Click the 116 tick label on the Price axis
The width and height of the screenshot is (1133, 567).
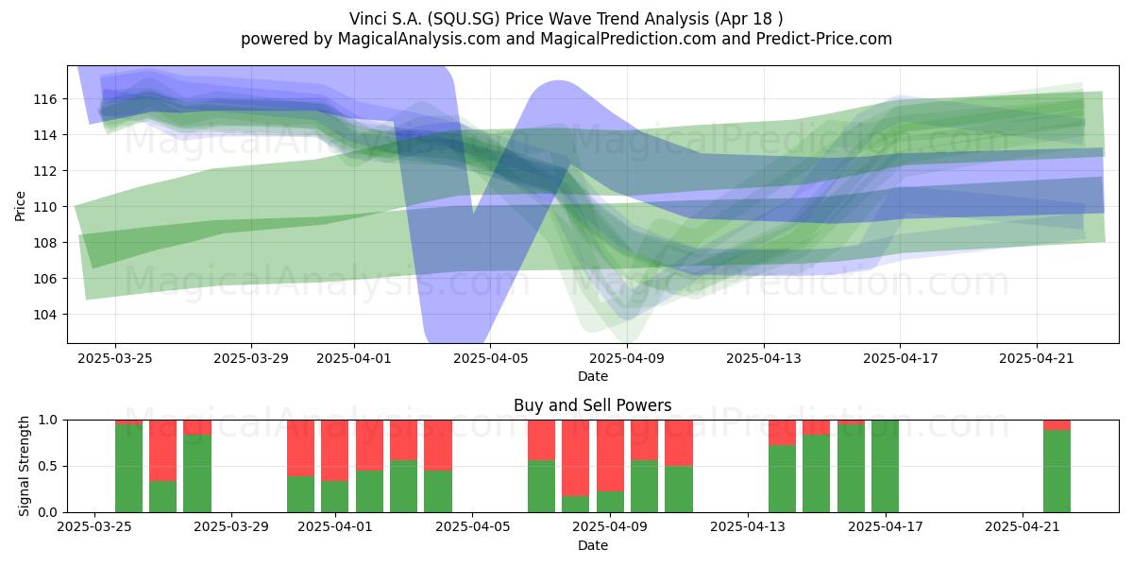(x=45, y=99)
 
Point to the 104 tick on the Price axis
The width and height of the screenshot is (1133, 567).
(x=45, y=315)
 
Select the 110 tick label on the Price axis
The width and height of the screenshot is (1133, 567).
(x=45, y=207)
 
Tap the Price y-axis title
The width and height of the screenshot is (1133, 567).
(x=20, y=206)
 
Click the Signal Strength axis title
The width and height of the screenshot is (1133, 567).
(x=24, y=466)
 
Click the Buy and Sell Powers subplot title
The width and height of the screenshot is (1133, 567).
(x=592, y=405)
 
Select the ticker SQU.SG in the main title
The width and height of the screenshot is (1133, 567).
(x=464, y=19)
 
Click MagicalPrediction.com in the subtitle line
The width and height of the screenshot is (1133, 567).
(x=628, y=39)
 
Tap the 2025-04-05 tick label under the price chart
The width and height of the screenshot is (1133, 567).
(x=490, y=358)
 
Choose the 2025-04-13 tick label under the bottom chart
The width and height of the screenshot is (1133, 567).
(x=748, y=526)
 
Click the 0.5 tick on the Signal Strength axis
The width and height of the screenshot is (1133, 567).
(x=47, y=466)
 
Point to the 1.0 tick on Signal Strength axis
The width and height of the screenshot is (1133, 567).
(x=47, y=421)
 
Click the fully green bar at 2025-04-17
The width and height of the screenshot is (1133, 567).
(x=886, y=466)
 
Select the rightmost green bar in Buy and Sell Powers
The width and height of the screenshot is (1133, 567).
(x=1057, y=471)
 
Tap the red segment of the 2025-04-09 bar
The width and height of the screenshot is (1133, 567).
(x=610, y=455)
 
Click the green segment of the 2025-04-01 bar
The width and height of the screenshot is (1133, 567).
(x=335, y=497)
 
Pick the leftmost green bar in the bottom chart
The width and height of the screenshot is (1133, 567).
(x=129, y=469)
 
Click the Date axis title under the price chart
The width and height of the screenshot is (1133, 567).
(x=593, y=376)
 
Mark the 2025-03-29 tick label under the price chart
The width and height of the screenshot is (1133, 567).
(x=251, y=358)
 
